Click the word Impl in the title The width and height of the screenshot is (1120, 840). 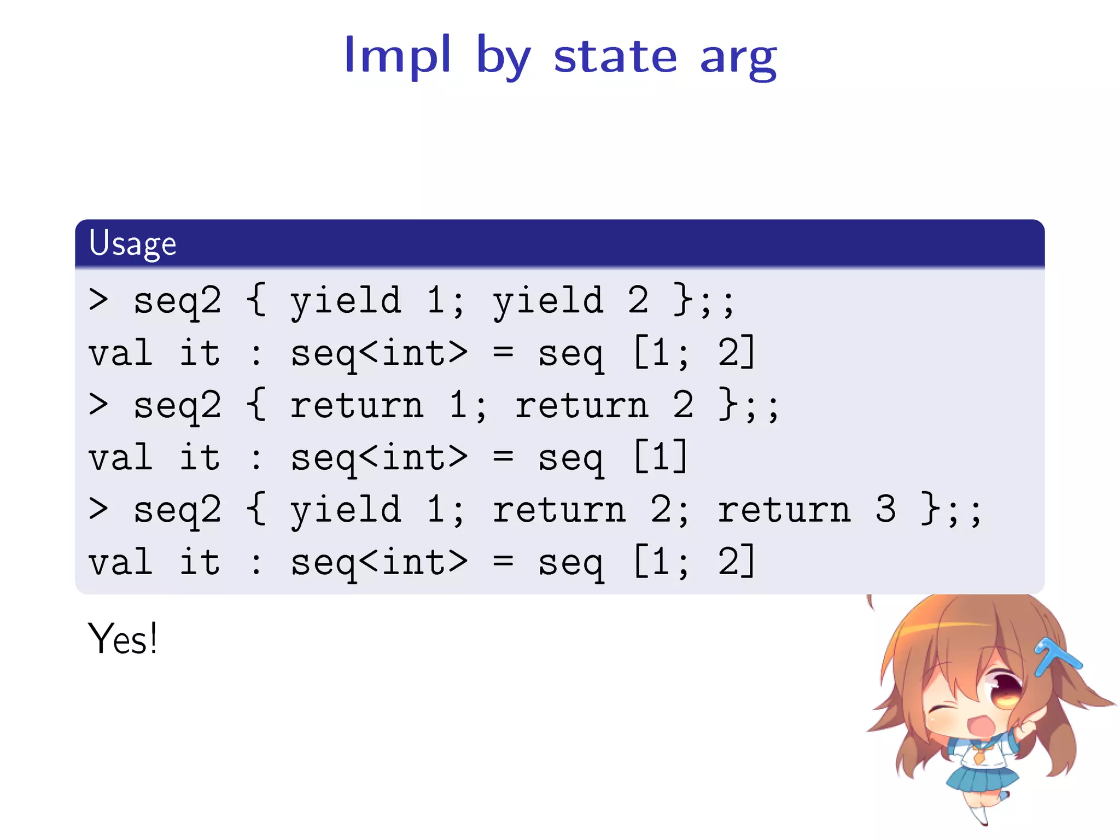(398, 55)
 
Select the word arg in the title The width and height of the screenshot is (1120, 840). (738, 59)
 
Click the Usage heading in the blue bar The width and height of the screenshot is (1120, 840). (132, 244)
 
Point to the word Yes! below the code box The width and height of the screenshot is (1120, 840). (122, 639)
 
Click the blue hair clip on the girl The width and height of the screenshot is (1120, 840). (1055, 656)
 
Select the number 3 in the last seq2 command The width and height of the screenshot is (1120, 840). (885, 509)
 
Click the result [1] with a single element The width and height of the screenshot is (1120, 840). (661, 457)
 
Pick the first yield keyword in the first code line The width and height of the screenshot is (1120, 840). (346, 301)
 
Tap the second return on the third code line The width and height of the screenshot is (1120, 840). (581, 405)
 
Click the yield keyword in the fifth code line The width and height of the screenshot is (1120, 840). (346, 510)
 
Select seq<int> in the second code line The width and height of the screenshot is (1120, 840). (378, 353)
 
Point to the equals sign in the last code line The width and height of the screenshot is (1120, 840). (503, 562)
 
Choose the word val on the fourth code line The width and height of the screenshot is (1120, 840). (121, 458)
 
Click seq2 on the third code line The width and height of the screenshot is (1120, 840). (178, 405)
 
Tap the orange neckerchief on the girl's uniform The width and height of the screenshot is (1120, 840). (978, 756)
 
